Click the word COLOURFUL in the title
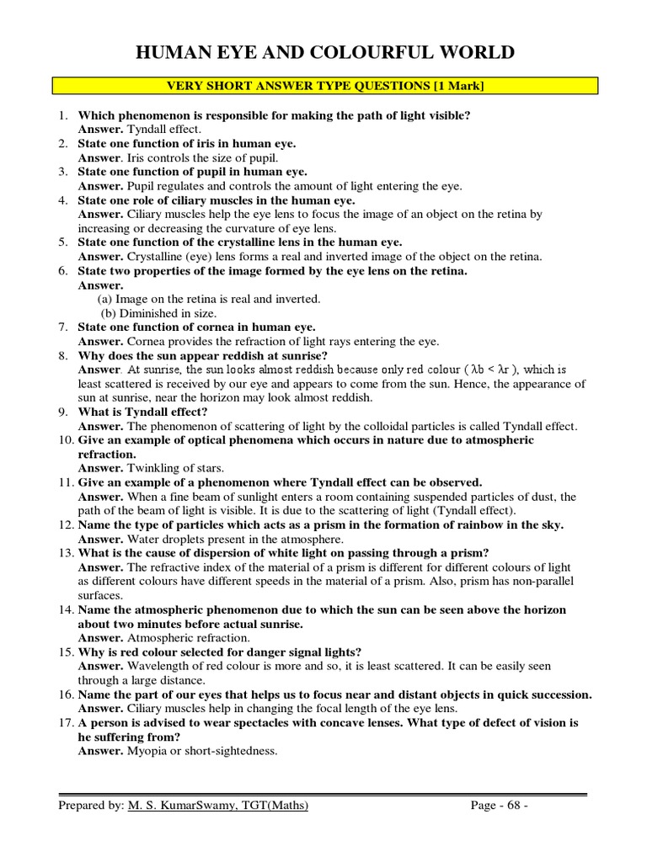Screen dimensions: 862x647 [356, 53]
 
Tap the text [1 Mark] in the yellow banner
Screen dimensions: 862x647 [452, 86]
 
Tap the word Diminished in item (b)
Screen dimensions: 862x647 [143, 312]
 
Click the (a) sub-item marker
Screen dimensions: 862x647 [104, 299]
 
